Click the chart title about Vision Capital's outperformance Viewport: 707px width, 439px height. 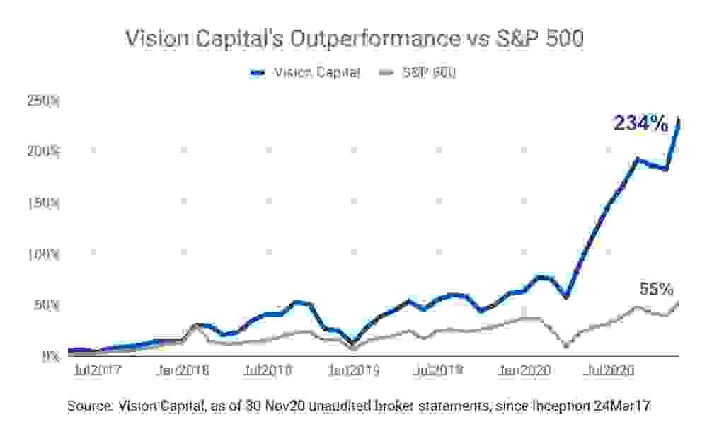tap(354, 39)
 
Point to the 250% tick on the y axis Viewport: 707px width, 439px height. tap(44, 101)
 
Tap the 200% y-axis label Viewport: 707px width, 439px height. tap(44, 152)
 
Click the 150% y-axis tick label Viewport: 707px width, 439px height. tap(44, 203)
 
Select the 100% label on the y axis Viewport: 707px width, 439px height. tap(44, 254)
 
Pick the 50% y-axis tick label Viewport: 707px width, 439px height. tap(47, 305)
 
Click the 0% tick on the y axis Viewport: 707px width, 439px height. tap(50, 356)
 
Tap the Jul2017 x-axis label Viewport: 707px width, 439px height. tap(98, 370)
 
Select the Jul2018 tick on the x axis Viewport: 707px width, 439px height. tap(268, 370)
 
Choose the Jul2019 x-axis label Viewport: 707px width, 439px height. tap(438, 370)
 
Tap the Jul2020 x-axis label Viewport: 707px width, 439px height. tap(609, 370)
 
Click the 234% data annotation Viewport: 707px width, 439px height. tap(640, 124)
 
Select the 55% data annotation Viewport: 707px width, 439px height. tap(656, 289)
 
